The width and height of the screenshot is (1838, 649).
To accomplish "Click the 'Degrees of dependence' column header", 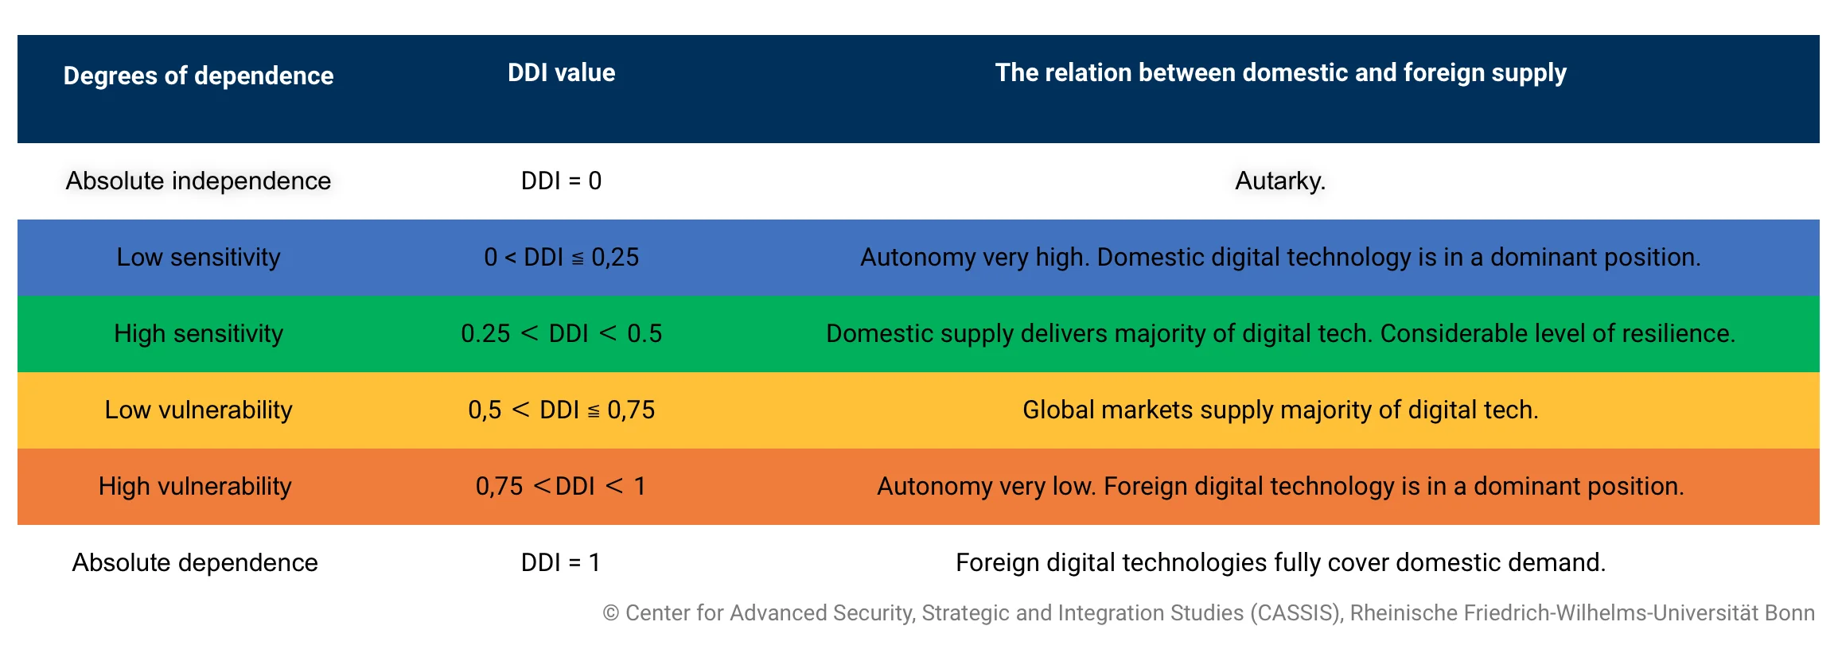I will pos(198,76).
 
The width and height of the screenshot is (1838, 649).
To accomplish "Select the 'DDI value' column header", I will pos(561,72).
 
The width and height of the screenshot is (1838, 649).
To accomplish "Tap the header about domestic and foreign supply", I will pos(1280,72).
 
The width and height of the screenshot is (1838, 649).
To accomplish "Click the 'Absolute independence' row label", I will pos(198,181).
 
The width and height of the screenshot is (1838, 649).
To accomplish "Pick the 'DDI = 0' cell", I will pos(561,181).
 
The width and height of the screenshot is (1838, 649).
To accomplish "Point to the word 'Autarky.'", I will pos(1280,181).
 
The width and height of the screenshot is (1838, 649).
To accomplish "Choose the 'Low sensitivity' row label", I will pos(198,257).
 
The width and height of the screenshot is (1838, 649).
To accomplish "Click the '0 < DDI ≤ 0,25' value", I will pos(561,257).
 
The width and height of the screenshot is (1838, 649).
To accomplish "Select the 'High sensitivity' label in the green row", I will pos(198,333).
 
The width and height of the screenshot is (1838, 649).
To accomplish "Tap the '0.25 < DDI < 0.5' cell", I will pos(561,333).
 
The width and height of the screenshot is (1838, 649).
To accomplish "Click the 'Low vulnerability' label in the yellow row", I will pos(198,410).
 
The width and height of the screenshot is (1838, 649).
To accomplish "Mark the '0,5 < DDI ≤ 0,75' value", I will pos(561,410).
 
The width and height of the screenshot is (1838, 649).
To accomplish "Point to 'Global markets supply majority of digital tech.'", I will pos(1280,410).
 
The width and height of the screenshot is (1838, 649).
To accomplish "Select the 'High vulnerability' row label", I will pos(195,486).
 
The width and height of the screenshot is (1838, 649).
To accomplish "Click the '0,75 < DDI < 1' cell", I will pos(561,486).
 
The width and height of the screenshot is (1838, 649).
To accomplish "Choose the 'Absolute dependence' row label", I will pos(195,562).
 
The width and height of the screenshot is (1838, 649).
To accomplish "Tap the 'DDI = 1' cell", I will pos(561,562).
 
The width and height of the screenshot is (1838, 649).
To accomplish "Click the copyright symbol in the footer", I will pos(611,613).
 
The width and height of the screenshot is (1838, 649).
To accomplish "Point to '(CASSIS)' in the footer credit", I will pos(1296,613).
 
